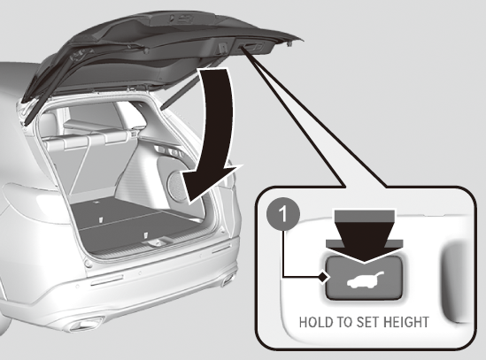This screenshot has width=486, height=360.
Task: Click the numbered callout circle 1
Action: tap(282, 215)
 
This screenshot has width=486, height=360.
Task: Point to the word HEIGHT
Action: tap(406, 322)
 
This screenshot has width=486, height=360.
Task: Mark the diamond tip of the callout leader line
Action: tap(322, 277)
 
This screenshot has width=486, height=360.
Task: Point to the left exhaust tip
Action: tap(85, 324)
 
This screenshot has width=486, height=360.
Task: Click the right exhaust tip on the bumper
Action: tap(228, 280)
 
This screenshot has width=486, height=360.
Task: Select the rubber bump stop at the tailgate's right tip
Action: tap(289, 44)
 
